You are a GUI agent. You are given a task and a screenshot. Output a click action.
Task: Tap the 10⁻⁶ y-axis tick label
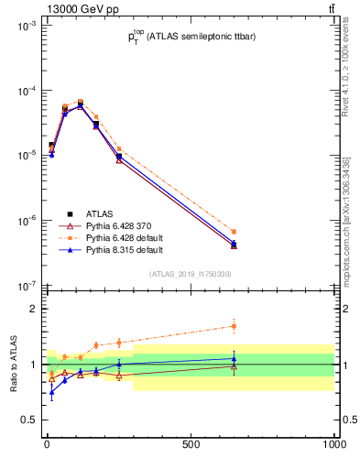(25, 221)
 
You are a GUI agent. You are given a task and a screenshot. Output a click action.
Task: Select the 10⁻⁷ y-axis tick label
(25, 286)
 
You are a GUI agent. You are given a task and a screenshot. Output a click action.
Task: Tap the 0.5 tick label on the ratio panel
(27, 420)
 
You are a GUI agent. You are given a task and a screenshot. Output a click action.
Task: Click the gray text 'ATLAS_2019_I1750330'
(190, 274)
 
